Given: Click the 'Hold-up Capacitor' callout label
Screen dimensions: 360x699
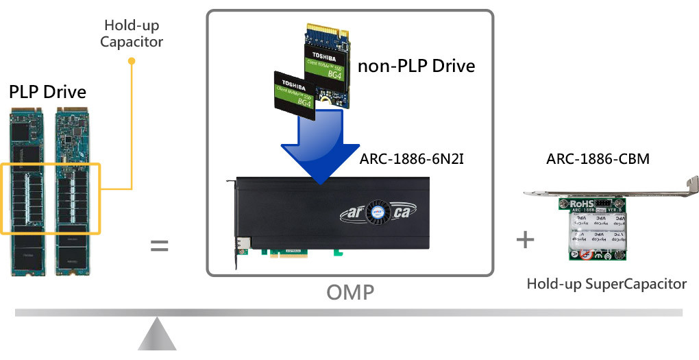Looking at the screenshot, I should coord(132,34).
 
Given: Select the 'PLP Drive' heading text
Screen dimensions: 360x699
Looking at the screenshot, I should coord(48,92).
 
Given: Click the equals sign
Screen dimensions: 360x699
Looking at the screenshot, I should coord(159,245).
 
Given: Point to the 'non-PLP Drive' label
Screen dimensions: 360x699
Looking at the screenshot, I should coord(416,66).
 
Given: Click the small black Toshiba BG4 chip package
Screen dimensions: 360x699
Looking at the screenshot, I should coord(295,95).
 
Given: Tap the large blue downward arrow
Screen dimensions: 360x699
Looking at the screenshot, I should coord(321,147).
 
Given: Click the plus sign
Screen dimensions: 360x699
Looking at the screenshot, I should coord(525,239).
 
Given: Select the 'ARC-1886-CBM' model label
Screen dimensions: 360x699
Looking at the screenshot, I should coord(598,160).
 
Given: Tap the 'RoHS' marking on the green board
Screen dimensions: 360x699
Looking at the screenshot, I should coord(578,204).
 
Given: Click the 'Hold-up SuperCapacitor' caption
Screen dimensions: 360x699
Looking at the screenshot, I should coord(606,283).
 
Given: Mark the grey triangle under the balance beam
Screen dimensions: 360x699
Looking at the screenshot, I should coord(158,337).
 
